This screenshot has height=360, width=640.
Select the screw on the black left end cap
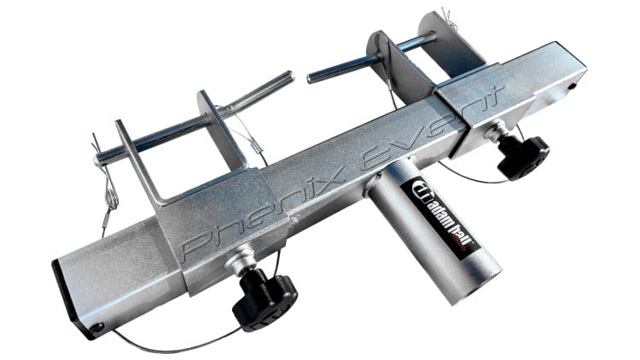[x=97, y=328]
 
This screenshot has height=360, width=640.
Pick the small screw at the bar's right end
[x=573, y=86]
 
